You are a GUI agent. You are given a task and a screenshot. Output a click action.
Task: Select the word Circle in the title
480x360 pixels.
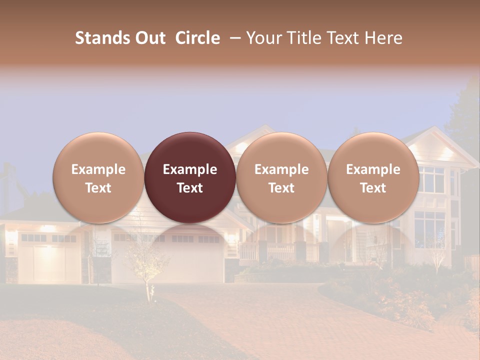[197, 38]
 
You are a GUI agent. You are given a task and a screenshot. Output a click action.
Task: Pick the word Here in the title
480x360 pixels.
[383, 38]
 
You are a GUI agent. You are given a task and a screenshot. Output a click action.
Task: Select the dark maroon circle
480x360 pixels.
[190, 177]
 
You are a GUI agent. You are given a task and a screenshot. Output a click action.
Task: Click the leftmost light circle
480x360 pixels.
[98, 177]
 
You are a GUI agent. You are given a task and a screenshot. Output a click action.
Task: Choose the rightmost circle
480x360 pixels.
[373, 177]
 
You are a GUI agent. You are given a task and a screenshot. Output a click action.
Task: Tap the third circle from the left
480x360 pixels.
[281, 177]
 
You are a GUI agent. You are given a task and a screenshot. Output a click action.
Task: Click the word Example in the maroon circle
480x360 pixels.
[190, 169]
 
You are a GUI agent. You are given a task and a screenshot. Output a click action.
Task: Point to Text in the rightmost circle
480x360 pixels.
[373, 188]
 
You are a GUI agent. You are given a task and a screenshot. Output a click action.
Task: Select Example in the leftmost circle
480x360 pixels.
[98, 169]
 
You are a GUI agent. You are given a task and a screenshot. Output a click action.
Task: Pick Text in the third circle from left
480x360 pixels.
[281, 188]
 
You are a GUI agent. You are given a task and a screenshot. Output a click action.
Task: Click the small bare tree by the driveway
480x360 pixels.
[148, 270]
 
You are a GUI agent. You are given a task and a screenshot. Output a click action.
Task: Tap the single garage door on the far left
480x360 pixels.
[49, 260]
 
